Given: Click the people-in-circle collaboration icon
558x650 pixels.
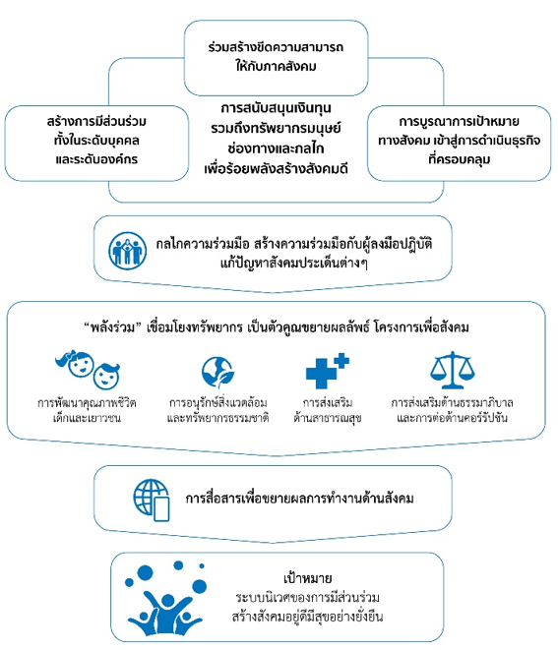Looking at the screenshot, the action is coord(127,251).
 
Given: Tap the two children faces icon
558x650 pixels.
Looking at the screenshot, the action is coord(88,370).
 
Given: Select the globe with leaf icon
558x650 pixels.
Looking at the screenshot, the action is coord(217,373).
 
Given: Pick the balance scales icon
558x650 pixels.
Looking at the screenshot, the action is coord(453,370).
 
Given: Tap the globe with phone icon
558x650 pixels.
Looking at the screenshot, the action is coord(152,500).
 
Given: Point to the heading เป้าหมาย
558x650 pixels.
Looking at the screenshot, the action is coord(307,578).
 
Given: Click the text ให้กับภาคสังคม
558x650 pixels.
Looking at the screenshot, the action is coord(276,66).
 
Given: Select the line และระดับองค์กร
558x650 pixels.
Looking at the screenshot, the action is coord(96,159).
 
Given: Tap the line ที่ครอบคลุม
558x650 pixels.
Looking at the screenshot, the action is coord(460,159).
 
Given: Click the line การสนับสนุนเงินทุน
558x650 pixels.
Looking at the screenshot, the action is coord(276,108).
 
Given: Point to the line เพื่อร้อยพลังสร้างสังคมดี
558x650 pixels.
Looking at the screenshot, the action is coord(276,169).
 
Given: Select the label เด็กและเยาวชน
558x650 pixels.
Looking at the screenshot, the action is coord(87,418).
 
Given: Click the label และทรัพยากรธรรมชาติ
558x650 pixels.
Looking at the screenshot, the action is coord(217,418).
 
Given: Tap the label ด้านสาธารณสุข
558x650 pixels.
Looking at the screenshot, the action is coord(328,418).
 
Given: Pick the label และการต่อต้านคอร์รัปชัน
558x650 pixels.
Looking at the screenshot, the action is coord(453,418).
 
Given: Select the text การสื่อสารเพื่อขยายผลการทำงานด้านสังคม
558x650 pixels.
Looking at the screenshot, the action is coord(299,499).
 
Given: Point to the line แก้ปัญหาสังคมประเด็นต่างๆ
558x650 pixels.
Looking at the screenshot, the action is coord(293,264).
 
